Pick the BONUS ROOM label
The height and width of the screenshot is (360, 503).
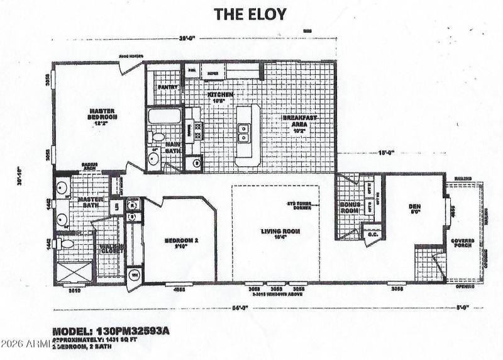(x=348, y=209)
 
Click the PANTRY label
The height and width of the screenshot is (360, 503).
(x=168, y=87)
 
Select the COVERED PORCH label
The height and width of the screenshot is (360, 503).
(x=463, y=244)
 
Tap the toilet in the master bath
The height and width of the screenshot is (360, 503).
(x=65, y=243)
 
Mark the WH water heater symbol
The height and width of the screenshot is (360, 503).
(x=134, y=274)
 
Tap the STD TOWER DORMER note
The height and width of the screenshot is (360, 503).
(x=299, y=205)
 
